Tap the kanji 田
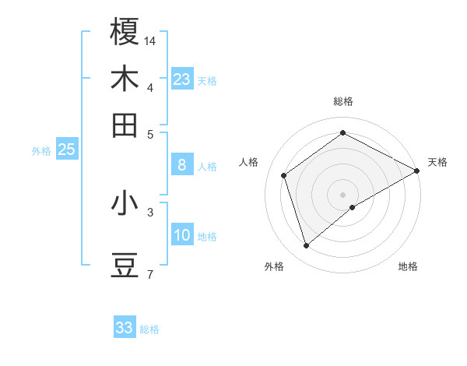click(x=125, y=125)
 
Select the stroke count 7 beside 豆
click(x=149, y=274)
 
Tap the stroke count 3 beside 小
click(x=149, y=211)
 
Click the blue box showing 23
click(x=182, y=79)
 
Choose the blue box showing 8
click(x=182, y=165)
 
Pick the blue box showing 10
click(x=182, y=235)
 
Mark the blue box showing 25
click(x=66, y=150)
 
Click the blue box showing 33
click(x=125, y=328)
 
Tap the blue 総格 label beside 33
click(x=149, y=329)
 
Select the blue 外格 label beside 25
click(x=41, y=151)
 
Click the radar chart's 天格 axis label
click(x=437, y=162)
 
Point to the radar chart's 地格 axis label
click(x=408, y=267)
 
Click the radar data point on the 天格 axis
click(x=418, y=171)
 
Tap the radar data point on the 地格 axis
click(x=353, y=207)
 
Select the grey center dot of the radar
click(x=342, y=193)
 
